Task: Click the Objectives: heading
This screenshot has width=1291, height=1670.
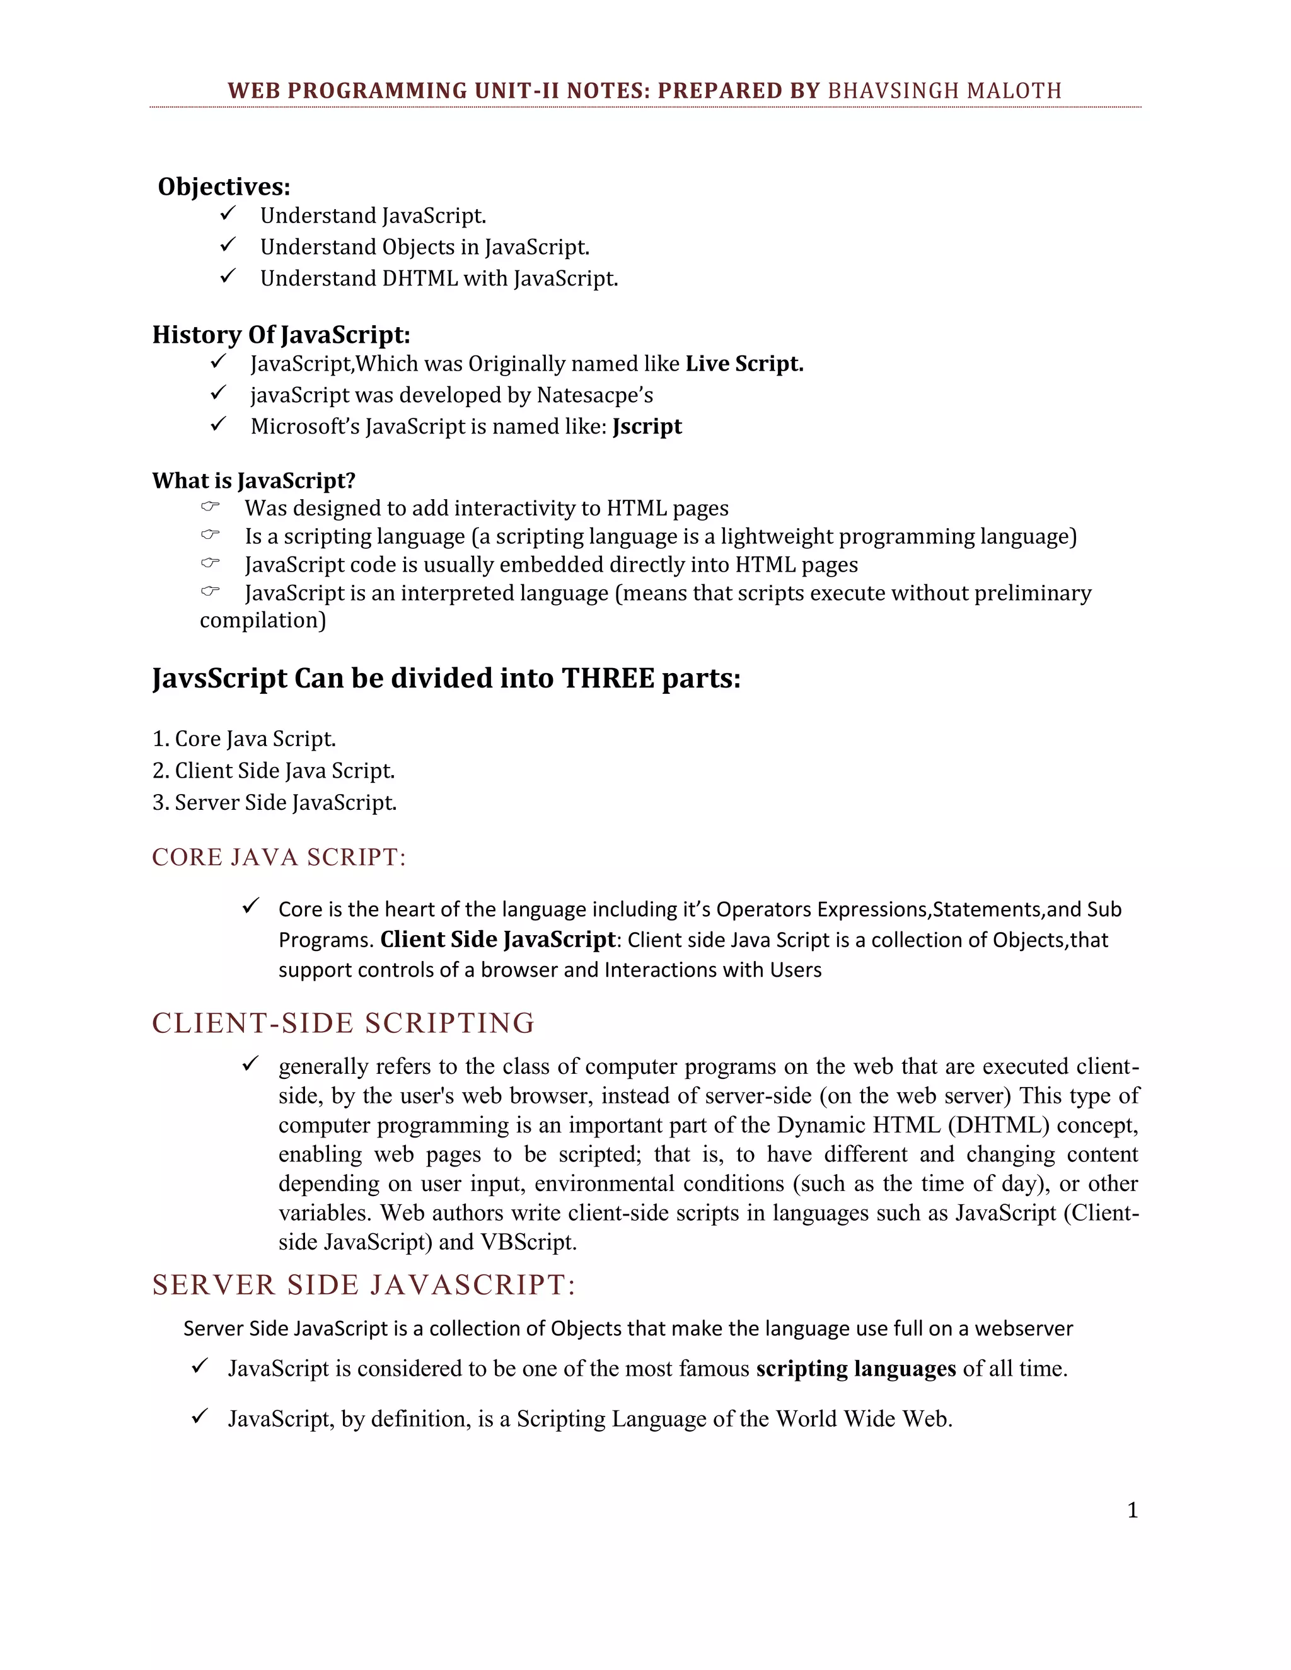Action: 224,187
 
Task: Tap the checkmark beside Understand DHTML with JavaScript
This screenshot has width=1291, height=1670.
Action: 227,276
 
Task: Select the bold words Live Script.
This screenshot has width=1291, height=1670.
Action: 744,364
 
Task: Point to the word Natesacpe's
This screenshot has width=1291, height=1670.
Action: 594,395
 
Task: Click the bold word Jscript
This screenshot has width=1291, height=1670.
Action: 647,427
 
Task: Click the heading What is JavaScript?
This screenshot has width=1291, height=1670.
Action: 254,481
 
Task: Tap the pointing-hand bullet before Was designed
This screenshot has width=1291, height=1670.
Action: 211,506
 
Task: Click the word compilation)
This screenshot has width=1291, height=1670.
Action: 263,620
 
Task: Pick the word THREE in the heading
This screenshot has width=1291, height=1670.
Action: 608,678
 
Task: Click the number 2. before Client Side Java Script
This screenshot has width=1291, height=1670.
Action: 160,771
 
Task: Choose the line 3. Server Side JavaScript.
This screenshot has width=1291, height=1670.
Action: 275,803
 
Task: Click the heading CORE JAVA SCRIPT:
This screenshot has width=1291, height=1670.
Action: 279,857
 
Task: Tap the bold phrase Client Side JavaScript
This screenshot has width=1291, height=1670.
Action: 498,940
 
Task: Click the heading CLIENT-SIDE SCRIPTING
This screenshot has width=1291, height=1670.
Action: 344,1023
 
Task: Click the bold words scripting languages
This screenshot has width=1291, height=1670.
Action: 856,1369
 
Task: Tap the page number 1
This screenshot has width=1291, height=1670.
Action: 1133,1511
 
